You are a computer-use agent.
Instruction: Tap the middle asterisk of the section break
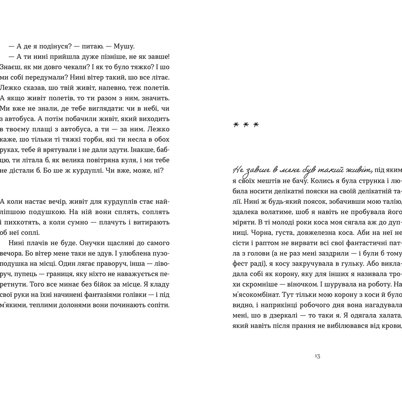coord(246,125)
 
